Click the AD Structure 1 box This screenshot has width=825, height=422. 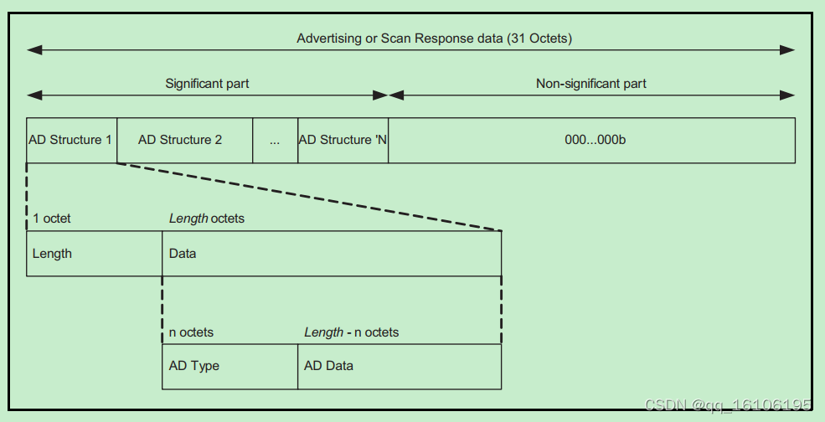71,140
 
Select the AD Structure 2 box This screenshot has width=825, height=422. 184,140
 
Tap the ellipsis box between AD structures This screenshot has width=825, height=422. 275,140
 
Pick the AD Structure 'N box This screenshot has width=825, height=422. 343,140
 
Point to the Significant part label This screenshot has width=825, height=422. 207,84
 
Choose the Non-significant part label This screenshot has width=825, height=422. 591,84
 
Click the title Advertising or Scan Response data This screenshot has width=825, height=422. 434,39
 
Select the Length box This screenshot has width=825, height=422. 94,254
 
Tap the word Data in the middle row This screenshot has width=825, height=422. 183,254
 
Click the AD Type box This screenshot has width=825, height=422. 229,366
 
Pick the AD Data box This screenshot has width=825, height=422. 399,366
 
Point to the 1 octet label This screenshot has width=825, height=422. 52,219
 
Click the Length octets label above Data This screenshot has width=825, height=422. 207,219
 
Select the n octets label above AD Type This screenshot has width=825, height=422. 191,332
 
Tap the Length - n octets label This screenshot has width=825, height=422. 351,332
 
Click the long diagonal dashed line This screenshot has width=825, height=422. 310,197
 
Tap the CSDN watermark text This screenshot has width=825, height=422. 729,405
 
